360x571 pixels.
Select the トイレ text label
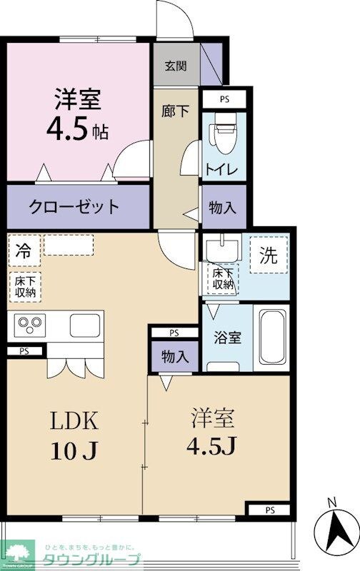click(x=223, y=170)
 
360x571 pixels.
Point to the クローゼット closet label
click(x=74, y=208)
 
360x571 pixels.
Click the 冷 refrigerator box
click(x=24, y=251)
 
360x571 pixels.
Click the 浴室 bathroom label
click(x=227, y=337)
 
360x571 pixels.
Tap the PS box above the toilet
click(x=224, y=99)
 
